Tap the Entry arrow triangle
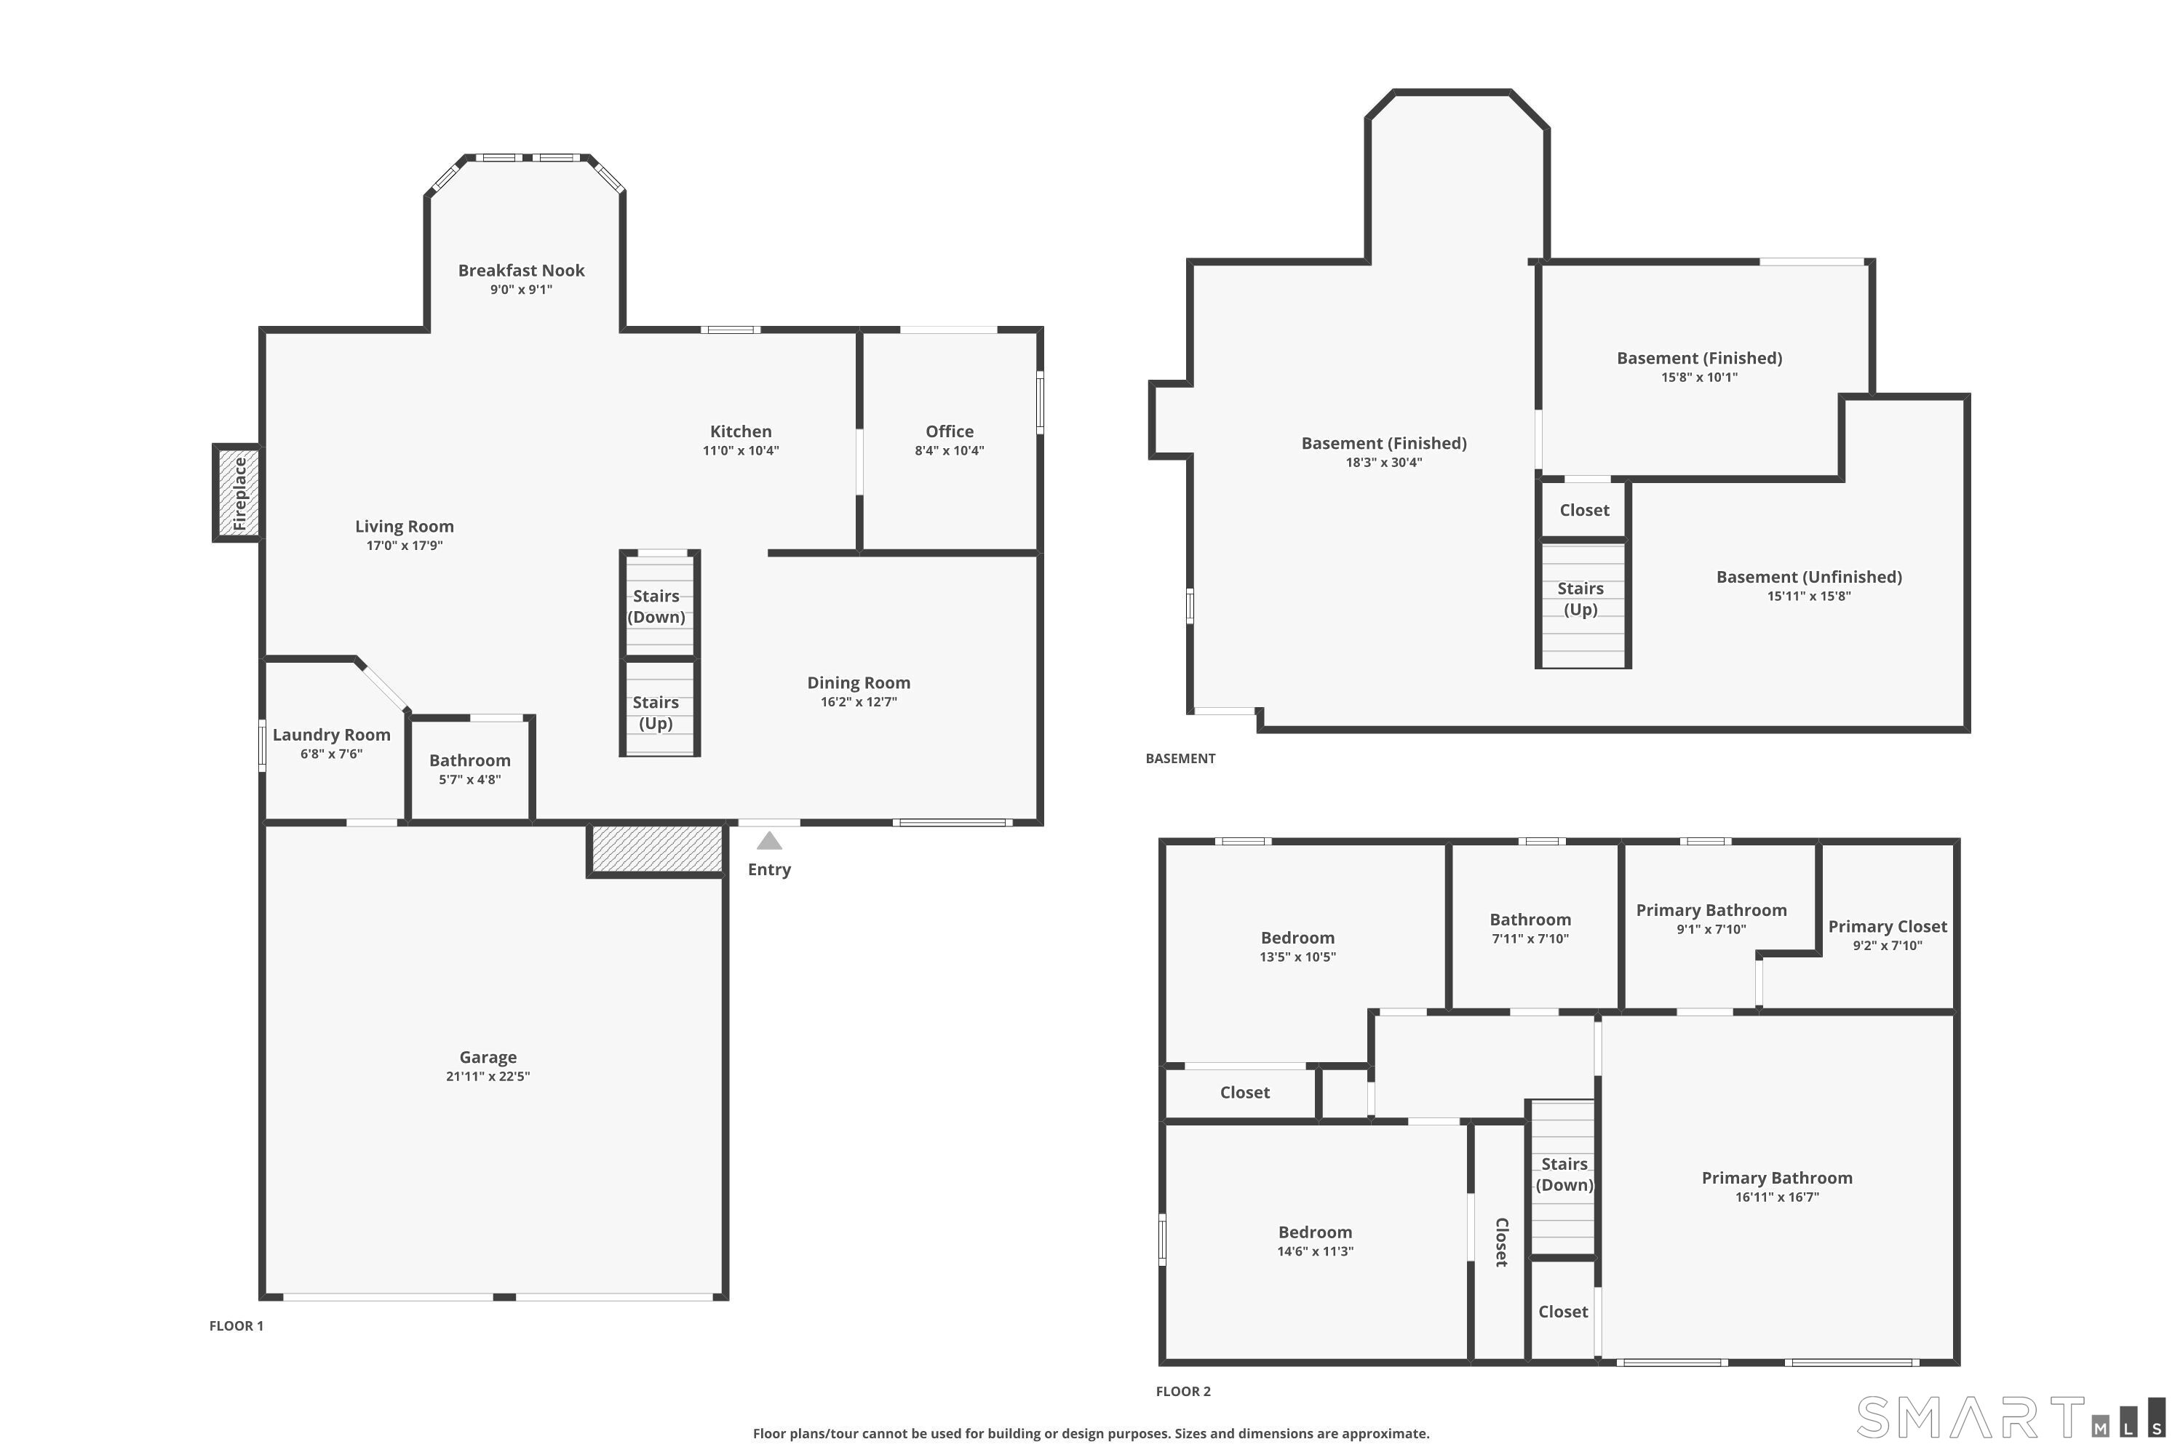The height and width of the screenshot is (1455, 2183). (768, 841)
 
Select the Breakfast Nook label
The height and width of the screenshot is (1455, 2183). (521, 270)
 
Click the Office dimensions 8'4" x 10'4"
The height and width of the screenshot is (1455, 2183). (949, 451)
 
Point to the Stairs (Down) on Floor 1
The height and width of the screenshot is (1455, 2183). (659, 605)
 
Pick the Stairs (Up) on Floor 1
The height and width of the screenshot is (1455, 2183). (659, 708)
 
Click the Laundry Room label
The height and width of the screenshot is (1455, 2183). (331, 735)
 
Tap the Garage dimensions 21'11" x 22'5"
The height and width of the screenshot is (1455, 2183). (488, 1077)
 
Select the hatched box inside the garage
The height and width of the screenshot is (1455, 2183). (656, 850)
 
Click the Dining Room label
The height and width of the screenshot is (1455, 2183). (859, 683)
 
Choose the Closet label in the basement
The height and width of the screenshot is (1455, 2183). (1584, 511)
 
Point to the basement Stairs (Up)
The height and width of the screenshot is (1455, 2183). (1583, 603)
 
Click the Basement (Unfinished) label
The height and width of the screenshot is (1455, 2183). (1809, 577)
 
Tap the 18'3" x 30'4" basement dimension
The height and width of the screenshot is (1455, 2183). (1384, 462)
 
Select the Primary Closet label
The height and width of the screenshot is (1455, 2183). (1887, 926)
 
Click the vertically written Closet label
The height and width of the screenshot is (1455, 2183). (1500, 1242)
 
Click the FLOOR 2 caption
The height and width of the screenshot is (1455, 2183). (1183, 1391)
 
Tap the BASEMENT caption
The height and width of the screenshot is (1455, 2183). (1180, 758)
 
